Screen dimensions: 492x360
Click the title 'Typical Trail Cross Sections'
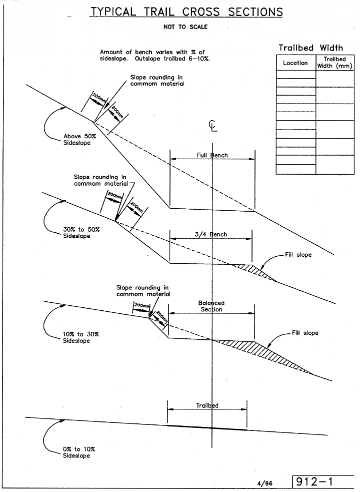[x=186, y=12]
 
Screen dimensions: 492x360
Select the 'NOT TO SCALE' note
[x=185, y=27]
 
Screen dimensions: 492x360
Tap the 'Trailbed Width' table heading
[x=310, y=48]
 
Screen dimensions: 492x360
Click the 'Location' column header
[x=295, y=63]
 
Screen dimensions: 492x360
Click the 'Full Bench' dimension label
[x=212, y=155]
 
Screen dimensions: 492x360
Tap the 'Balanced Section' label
[x=211, y=306]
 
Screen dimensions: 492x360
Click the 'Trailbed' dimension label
[x=207, y=406]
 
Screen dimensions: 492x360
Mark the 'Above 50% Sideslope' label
[x=76, y=139]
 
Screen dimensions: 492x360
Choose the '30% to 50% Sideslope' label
[x=76, y=233]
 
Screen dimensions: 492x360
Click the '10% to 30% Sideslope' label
[x=76, y=337]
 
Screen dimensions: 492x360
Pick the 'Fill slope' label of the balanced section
[x=305, y=333]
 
